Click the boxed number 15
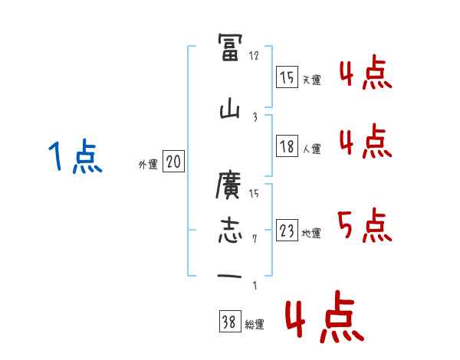pos(287,77)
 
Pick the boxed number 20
pos(174,162)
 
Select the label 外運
pos(147,164)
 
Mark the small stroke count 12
pos(255,56)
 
